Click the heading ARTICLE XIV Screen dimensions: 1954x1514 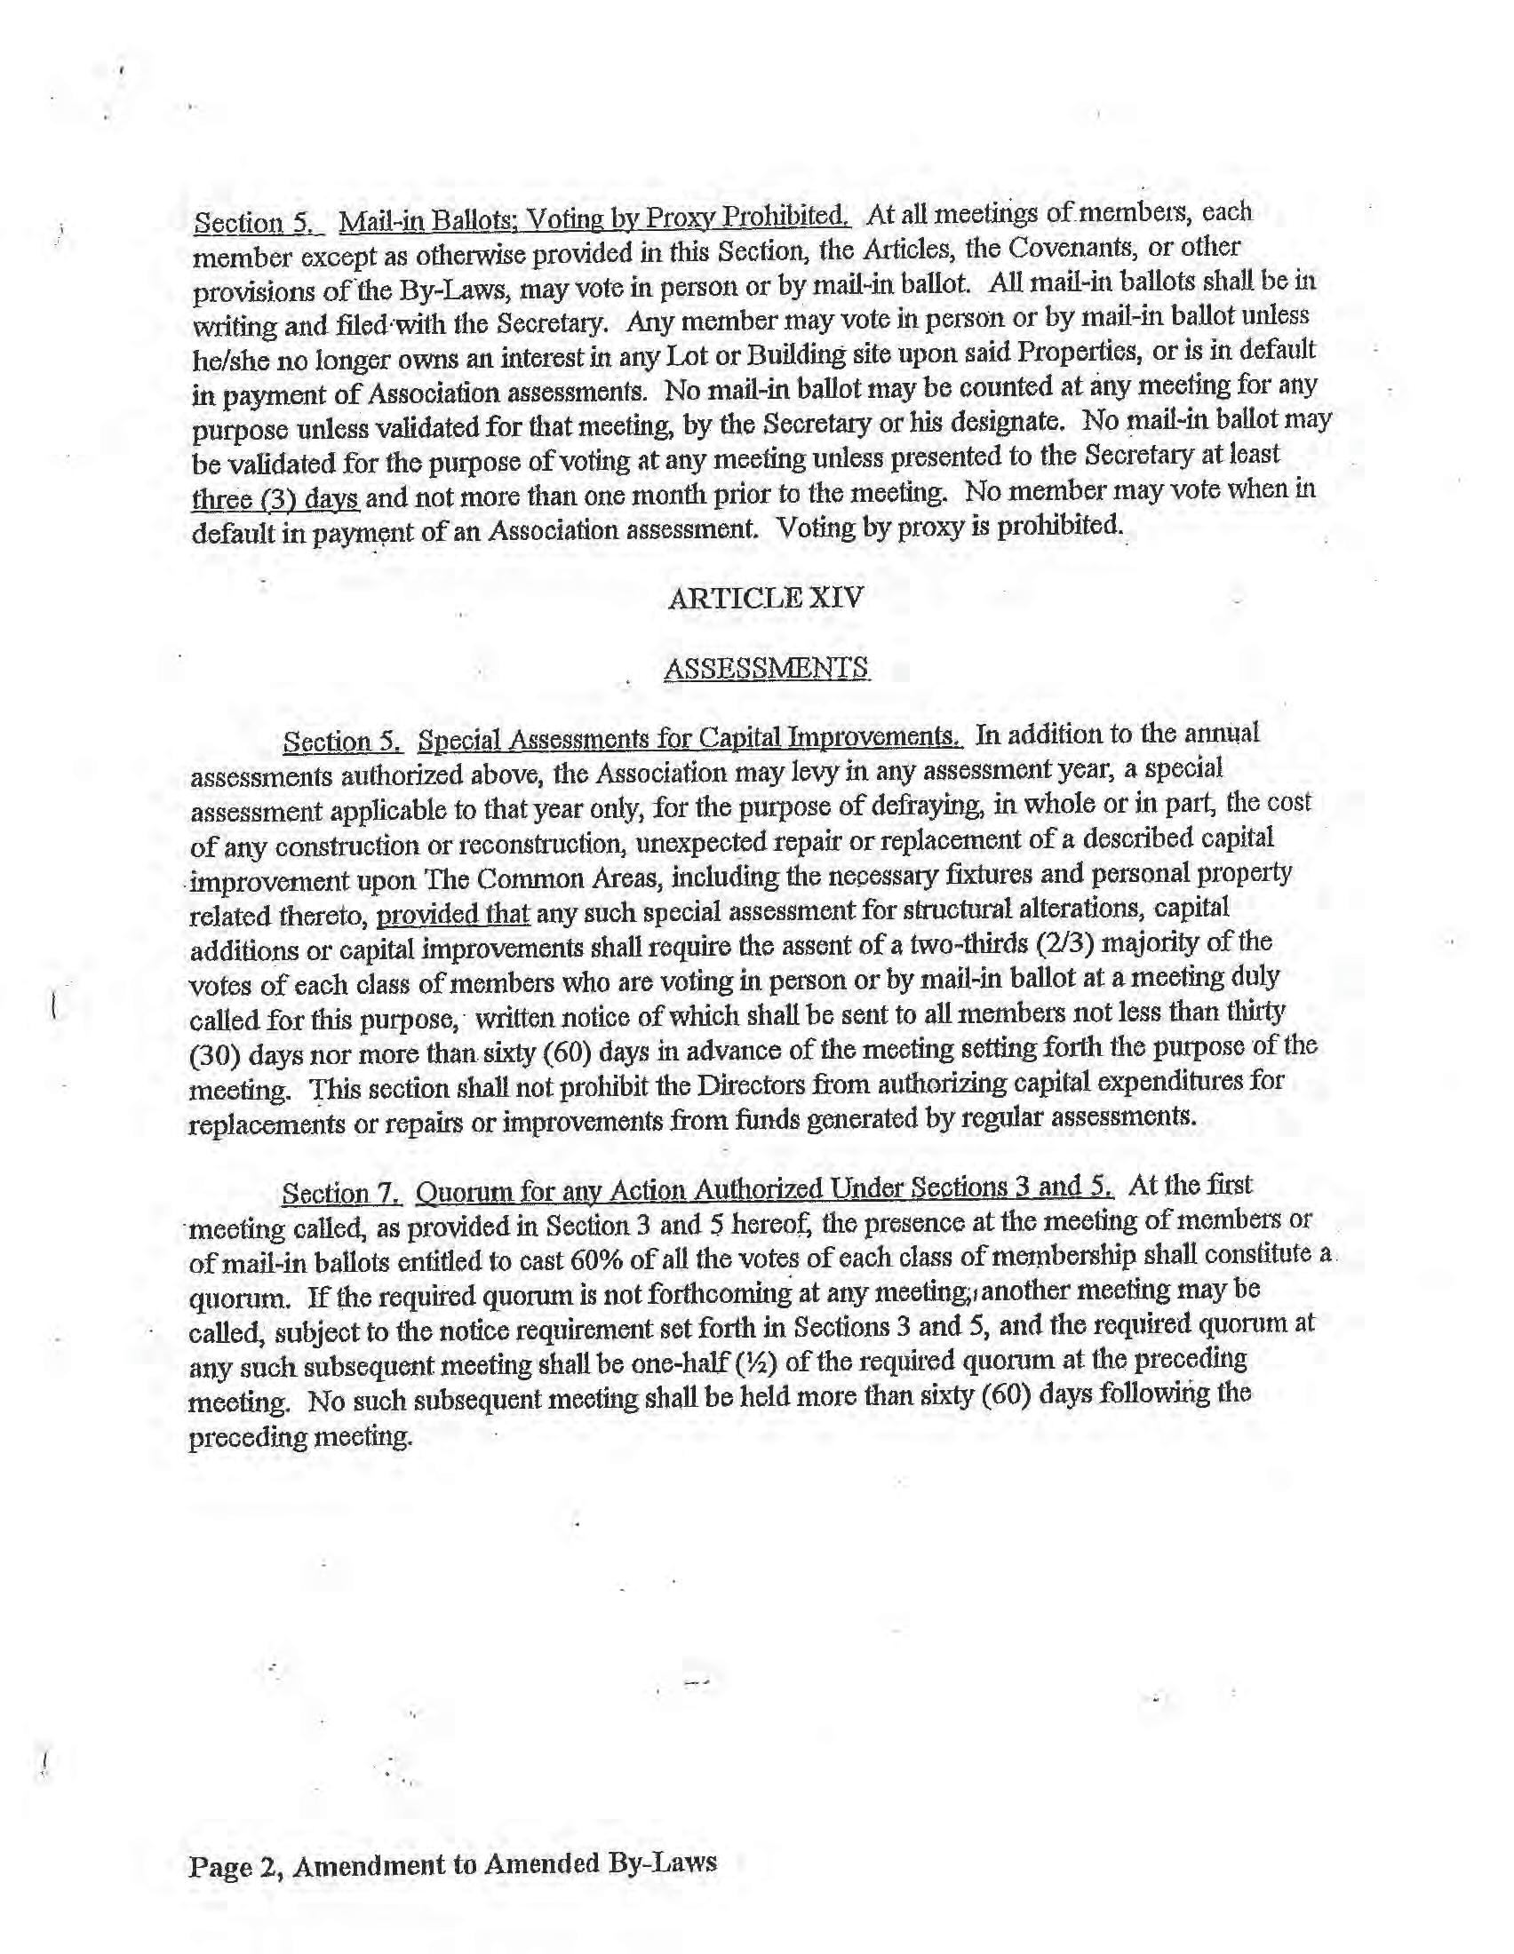click(x=765, y=598)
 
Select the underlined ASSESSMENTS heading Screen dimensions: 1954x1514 click(x=766, y=668)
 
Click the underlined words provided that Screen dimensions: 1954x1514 click(x=453, y=915)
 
